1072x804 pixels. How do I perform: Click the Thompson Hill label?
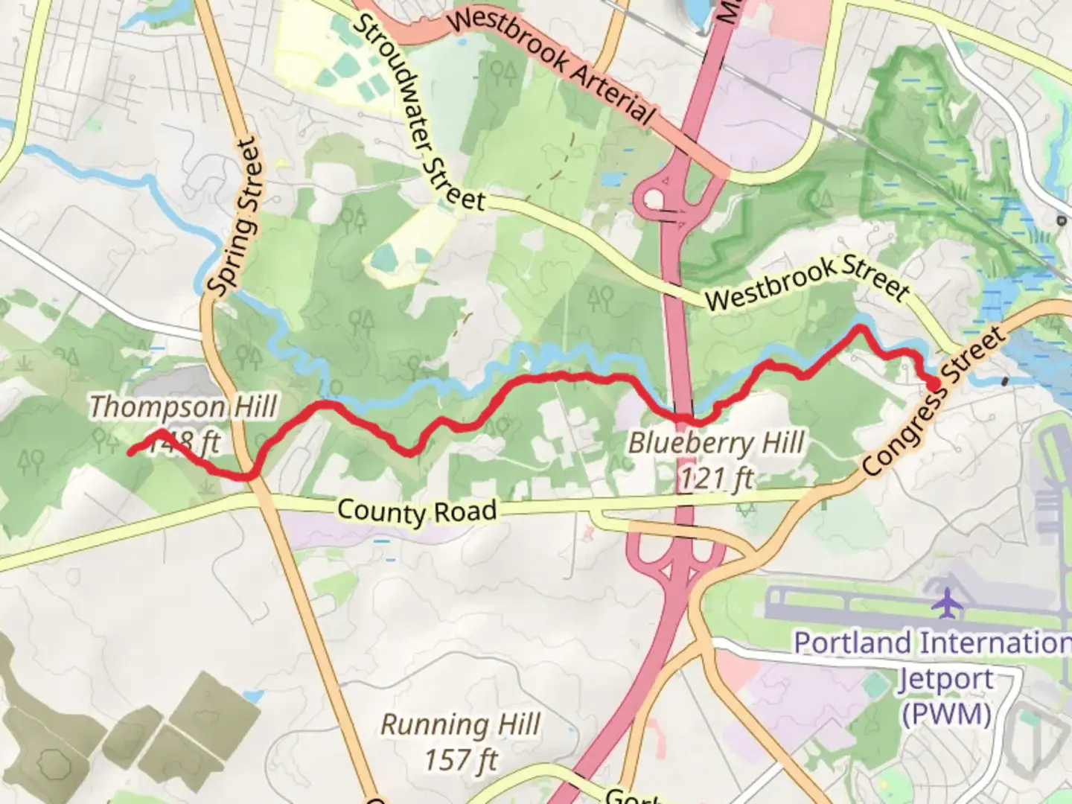pyautogui.click(x=182, y=407)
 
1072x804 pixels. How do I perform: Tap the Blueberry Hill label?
pyautogui.click(x=716, y=443)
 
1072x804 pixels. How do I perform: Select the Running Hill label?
pyautogui.click(x=460, y=724)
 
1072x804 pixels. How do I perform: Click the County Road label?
pyautogui.click(x=416, y=511)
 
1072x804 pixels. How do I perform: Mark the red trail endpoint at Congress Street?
pyautogui.click(x=933, y=383)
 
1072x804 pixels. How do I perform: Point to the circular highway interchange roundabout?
pyautogui.click(x=654, y=200)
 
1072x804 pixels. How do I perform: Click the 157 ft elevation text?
pyautogui.click(x=461, y=760)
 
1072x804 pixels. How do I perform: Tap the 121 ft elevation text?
pyautogui.click(x=715, y=479)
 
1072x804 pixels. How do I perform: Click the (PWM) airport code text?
pyautogui.click(x=946, y=713)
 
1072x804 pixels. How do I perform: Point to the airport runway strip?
pyautogui.click(x=856, y=599)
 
